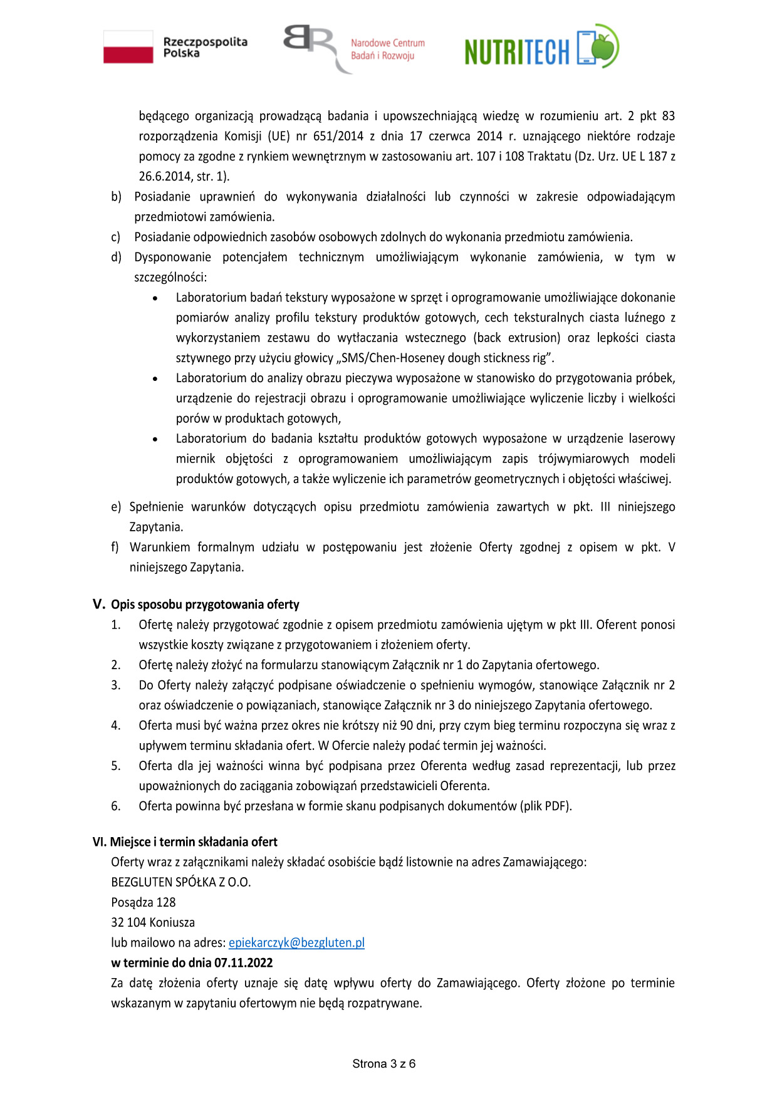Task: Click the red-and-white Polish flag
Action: (x=128, y=47)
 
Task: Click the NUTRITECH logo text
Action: (x=517, y=51)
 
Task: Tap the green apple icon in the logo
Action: (x=605, y=46)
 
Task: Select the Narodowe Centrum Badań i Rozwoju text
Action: (x=387, y=49)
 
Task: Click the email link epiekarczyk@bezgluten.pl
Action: (x=296, y=942)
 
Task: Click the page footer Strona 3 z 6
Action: (x=383, y=1063)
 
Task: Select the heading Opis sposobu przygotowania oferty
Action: (x=205, y=605)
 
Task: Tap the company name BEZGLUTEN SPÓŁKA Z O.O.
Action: (x=180, y=882)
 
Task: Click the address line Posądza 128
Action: (x=143, y=902)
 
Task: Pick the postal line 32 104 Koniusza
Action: (x=153, y=922)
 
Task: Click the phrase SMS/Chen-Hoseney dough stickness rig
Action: (x=446, y=358)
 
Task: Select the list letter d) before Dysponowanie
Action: (x=116, y=257)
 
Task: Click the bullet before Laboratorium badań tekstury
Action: (x=155, y=298)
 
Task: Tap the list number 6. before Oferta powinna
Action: (x=116, y=806)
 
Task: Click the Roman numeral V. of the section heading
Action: (x=99, y=604)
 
